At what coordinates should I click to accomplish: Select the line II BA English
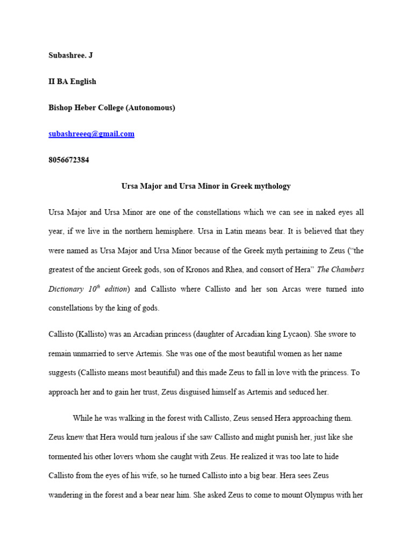tap(72, 82)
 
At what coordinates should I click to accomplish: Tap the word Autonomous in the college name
tap(150, 108)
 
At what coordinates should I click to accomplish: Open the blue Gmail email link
tap(91, 134)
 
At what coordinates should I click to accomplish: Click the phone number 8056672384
tap(69, 160)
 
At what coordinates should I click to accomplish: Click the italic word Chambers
tap(345, 270)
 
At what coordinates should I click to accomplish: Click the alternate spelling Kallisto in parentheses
tap(92, 334)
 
